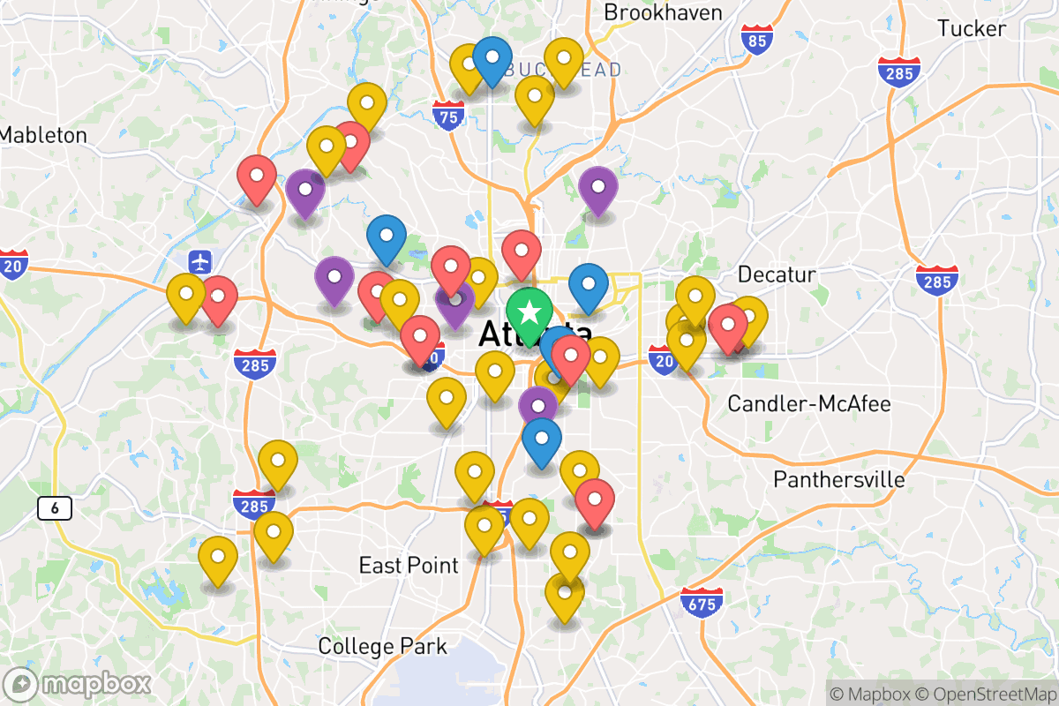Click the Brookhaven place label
pos(663,12)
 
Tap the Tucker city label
pos(972,28)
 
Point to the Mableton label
pos(44,135)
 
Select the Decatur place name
pos(777,273)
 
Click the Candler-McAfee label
pos(808,404)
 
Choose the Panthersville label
pos(839,479)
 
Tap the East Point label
pos(409,566)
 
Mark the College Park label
pos(382,646)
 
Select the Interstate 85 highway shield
pos(757,40)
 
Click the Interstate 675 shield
pos(702,603)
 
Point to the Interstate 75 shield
pos(449,116)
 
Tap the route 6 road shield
pos(55,507)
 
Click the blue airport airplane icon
pos(201,261)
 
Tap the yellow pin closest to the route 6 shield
pos(217,558)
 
